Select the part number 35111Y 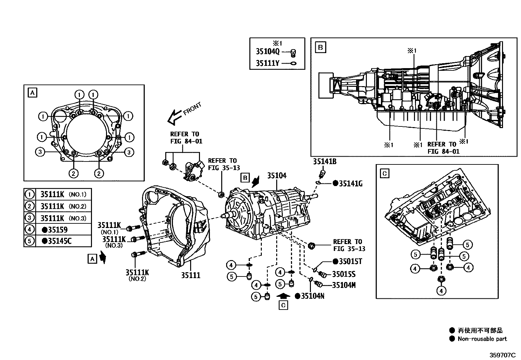[x=267, y=63]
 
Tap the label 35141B [x=324, y=161]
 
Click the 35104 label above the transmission [x=277, y=176]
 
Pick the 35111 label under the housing [x=190, y=275]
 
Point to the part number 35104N [x=312, y=296]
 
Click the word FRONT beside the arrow [x=193, y=109]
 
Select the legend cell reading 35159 [x=58, y=230]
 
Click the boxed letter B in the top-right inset [x=320, y=47]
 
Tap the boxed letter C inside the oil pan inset [x=385, y=173]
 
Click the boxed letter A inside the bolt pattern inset [x=32, y=93]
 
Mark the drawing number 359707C [x=502, y=355]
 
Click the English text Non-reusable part [x=482, y=339]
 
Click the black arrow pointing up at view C [x=283, y=295]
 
